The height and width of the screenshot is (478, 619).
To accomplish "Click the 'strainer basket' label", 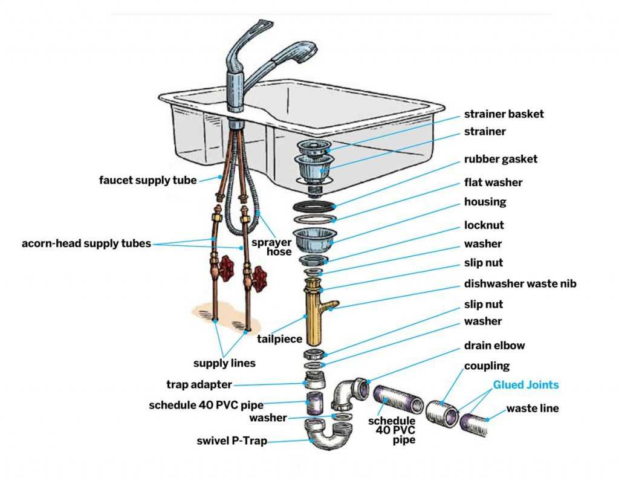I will click(504, 114).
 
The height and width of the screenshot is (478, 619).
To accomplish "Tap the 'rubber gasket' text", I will click(501, 160).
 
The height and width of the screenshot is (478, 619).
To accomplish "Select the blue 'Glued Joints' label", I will click(525, 385).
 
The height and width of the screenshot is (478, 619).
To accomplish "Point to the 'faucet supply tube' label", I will click(148, 180).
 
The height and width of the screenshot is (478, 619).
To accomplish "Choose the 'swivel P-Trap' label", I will click(232, 441).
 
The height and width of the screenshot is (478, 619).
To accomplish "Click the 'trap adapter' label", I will click(199, 384).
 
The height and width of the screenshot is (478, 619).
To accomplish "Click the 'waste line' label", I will click(533, 409).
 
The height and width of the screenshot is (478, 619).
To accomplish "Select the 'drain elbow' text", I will click(494, 346).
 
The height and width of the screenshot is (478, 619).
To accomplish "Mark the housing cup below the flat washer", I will click(314, 239).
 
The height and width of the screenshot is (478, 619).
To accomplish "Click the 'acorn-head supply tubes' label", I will click(86, 244).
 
